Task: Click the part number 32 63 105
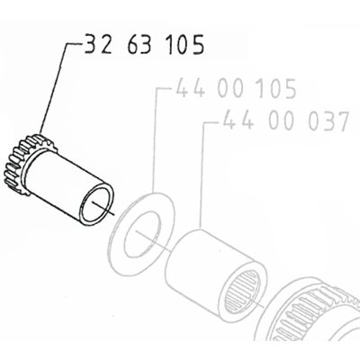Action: click(144, 44)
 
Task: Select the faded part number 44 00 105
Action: click(236, 88)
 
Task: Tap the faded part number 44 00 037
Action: click(286, 121)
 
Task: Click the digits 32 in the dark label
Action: click(98, 44)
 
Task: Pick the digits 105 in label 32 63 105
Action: click(186, 44)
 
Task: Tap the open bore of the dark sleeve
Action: click(96, 205)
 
